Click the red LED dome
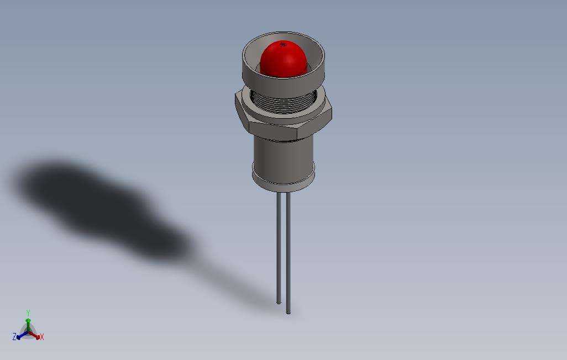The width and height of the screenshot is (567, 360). tap(282, 60)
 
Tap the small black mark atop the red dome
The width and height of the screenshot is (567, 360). tap(283, 44)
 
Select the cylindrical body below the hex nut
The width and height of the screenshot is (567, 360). tap(282, 155)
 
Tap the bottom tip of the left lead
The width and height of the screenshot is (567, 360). tap(279, 301)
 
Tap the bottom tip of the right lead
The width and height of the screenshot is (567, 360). tap(288, 312)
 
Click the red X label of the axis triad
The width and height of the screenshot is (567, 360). tap(42, 337)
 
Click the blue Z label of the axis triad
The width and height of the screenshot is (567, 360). tap(14, 336)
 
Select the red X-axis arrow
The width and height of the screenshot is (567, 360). tap(36, 335)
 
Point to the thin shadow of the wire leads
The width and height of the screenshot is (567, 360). tap(232, 276)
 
